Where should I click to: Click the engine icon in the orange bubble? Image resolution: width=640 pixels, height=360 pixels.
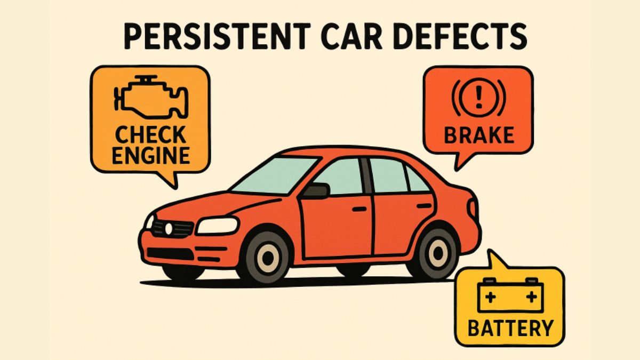tap(151, 98)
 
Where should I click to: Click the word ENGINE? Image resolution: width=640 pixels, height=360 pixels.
tap(151, 155)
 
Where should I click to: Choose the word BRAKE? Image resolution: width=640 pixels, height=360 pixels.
tap(479, 135)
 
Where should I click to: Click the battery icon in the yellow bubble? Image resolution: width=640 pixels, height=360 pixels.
tap(510, 295)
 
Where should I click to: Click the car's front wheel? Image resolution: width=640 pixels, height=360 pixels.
tap(268, 258)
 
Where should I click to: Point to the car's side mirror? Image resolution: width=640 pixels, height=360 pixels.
tap(316, 191)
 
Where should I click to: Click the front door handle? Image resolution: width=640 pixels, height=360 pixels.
tap(359, 209)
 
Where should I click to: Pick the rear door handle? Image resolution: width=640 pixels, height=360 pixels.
tap(425, 206)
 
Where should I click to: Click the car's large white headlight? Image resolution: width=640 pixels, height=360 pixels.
tap(218, 226)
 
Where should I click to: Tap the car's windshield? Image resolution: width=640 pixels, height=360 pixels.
tap(274, 175)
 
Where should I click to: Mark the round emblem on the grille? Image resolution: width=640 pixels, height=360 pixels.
tap(169, 229)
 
